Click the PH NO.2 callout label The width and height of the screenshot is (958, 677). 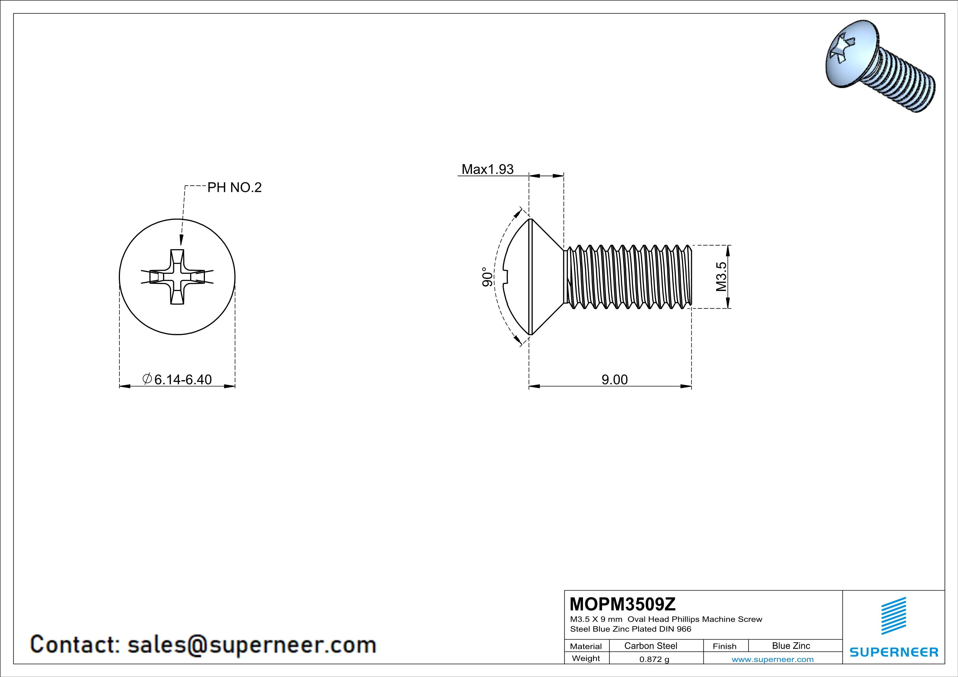[234, 188]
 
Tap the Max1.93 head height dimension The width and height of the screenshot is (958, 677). [487, 169]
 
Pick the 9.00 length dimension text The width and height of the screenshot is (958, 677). [614, 379]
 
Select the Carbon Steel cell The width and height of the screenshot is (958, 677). [650, 646]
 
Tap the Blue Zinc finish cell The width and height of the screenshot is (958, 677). [791, 646]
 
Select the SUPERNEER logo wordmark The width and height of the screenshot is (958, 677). [894, 652]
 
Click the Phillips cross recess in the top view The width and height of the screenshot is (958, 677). [177, 277]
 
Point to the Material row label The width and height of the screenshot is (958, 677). [586, 646]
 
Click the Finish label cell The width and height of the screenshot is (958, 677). [724, 646]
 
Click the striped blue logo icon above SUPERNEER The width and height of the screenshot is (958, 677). [893, 615]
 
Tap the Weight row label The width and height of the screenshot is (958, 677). [586, 658]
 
